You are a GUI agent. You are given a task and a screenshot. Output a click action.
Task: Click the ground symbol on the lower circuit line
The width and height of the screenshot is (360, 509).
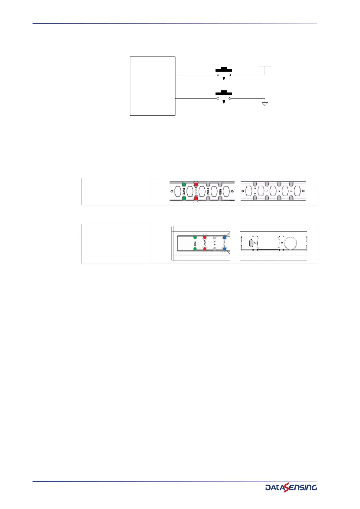265,104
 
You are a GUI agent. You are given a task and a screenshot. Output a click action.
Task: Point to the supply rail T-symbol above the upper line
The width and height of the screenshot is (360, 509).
265,66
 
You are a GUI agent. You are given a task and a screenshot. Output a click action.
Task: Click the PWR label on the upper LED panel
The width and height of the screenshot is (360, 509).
184,191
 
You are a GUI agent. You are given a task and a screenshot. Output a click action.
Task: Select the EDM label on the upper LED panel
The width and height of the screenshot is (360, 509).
208,191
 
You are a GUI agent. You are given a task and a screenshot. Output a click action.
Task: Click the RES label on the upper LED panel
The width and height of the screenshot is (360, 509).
220,191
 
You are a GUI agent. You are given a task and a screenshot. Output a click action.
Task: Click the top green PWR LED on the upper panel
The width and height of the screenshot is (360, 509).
183,184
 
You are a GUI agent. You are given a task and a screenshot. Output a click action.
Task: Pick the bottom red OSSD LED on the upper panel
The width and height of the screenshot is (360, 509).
196,199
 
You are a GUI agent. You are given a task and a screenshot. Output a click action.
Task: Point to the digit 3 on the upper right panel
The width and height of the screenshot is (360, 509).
291,191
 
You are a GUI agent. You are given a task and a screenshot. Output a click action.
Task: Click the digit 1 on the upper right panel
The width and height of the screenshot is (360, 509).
267,191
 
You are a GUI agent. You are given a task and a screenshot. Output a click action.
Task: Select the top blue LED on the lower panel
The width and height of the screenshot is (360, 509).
224,237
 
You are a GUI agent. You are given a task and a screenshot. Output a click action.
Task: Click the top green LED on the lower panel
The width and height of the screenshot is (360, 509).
195,237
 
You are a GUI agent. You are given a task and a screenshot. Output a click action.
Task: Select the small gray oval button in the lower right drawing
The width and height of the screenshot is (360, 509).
251,243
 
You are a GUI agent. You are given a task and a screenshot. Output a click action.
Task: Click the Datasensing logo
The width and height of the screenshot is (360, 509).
291,487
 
